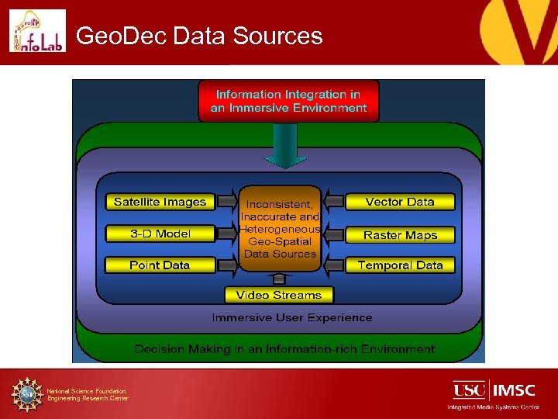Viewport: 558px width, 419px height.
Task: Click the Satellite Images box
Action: click(x=160, y=202)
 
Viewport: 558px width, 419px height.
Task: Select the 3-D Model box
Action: click(x=160, y=234)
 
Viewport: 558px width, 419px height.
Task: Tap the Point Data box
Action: click(x=160, y=265)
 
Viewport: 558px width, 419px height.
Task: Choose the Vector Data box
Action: click(x=400, y=202)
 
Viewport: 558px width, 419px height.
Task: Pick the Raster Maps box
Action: click(x=400, y=234)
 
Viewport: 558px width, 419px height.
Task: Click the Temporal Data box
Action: click(x=400, y=265)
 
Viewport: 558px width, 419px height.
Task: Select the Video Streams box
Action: click(x=279, y=295)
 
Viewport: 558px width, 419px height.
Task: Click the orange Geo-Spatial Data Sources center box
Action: click(x=280, y=228)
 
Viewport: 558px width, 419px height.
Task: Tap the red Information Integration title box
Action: click(x=288, y=101)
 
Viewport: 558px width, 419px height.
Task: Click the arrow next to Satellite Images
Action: click(x=226, y=202)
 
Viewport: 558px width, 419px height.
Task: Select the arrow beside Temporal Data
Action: click(x=333, y=265)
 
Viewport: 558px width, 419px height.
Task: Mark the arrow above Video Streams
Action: click(x=280, y=279)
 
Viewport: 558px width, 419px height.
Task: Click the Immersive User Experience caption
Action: click(x=292, y=317)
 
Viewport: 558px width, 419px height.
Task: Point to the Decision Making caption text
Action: click(x=284, y=349)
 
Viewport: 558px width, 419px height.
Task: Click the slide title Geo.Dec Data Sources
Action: click(x=200, y=36)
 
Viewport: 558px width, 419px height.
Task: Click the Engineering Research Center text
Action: click(x=88, y=399)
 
